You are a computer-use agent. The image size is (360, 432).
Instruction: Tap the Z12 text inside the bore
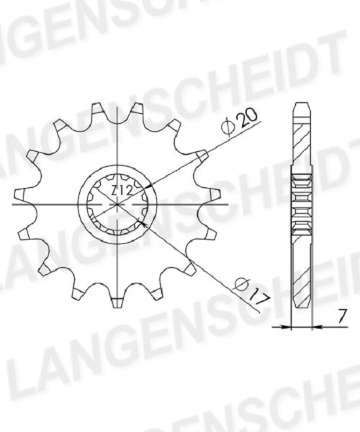point(122,190)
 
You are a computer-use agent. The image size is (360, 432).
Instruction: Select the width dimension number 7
point(342,316)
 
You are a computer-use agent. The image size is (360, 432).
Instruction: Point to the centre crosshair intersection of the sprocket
point(117,204)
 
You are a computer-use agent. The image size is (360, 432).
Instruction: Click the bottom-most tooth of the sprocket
point(117,302)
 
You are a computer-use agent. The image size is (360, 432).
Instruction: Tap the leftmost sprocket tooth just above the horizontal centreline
point(20,194)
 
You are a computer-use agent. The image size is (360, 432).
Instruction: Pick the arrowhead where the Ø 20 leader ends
point(148,187)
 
